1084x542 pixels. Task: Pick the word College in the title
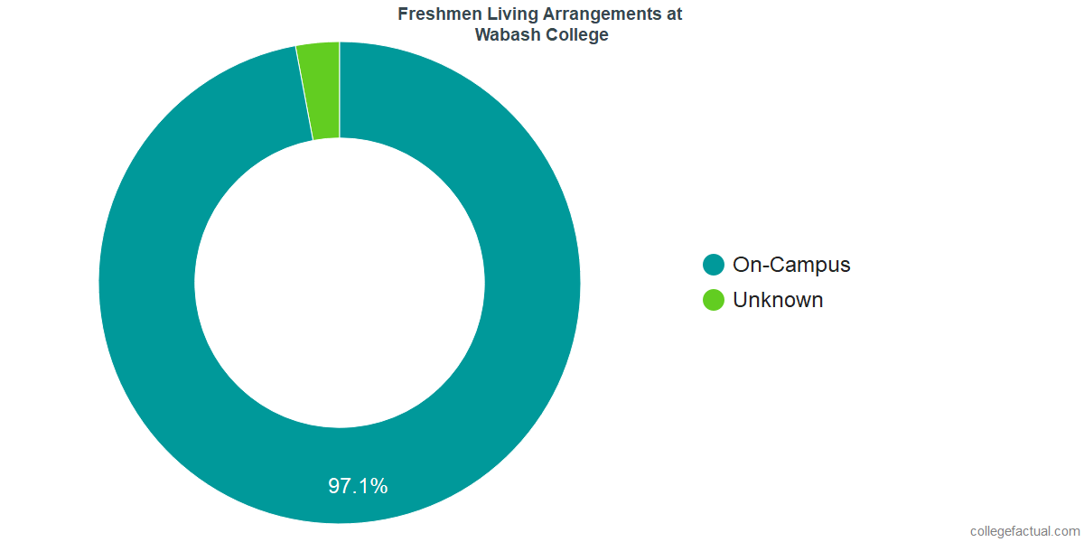click(x=575, y=35)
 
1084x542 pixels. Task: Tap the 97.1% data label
click(x=358, y=486)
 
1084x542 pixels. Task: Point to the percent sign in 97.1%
click(x=379, y=486)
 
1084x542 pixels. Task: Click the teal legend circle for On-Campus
click(x=714, y=265)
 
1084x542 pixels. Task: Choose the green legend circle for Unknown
click(x=714, y=300)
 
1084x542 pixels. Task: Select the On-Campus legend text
click(x=791, y=265)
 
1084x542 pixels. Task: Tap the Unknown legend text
click(x=778, y=300)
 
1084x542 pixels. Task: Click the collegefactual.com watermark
click(x=1024, y=531)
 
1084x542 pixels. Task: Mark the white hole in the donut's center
click(x=340, y=283)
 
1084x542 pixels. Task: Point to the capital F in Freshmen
click(x=402, y=14)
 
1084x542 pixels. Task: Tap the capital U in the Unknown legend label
click(x=740, y=300)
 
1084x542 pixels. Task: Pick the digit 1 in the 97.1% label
click(x=364, y=486)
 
